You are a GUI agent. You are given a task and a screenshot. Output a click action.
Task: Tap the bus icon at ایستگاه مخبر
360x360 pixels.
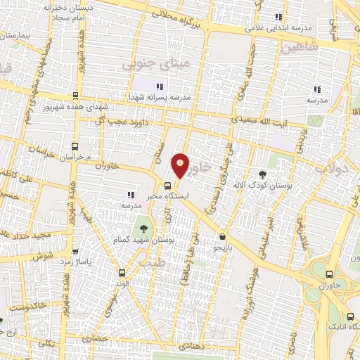167,186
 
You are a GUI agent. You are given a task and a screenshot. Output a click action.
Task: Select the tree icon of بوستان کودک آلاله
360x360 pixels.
263,174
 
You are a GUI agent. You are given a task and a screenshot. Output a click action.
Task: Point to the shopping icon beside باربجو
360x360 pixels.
223,237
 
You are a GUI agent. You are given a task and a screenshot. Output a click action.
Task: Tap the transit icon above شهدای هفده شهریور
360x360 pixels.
75,96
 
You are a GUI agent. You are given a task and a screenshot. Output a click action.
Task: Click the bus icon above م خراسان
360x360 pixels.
75,146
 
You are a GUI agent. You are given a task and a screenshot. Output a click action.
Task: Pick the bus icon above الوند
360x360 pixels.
122,273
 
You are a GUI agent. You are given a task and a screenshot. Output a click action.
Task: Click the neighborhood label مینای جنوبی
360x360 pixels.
147,65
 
